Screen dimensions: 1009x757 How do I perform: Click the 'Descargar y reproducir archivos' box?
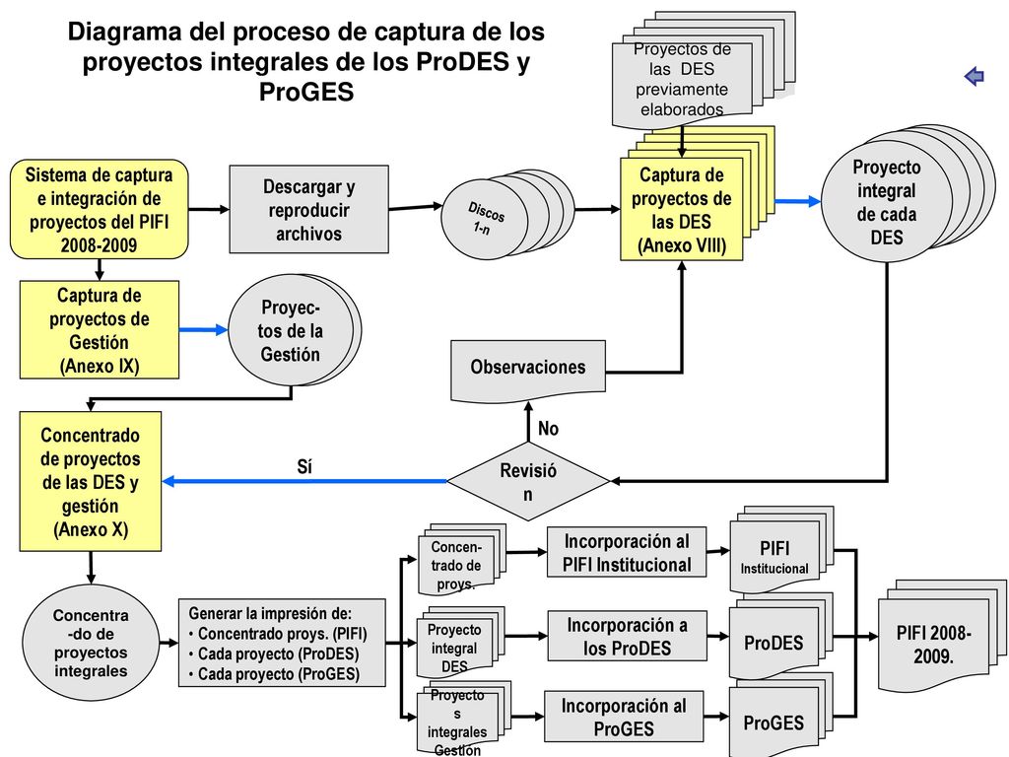308,209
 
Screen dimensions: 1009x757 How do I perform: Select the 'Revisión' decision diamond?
528,481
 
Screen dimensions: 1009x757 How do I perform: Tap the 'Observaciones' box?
528,370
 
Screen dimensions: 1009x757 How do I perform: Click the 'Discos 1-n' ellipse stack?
507,214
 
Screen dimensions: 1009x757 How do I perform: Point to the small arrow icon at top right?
975,76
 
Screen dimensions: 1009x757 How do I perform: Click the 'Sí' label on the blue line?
304,466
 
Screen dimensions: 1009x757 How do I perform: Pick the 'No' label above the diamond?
548,428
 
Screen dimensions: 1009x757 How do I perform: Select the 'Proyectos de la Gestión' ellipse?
294,330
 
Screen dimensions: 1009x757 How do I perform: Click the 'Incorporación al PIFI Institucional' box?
627,552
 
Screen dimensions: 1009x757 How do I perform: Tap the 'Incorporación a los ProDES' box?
628,636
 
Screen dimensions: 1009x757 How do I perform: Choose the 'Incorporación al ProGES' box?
624,718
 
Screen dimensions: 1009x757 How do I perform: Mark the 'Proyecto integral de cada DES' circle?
908,194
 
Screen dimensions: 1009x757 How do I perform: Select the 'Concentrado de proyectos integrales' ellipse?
91,643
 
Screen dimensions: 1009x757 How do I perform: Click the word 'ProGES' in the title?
306,92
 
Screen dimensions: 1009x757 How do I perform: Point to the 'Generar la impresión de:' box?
282,643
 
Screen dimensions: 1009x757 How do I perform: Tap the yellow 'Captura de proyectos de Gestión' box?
100,329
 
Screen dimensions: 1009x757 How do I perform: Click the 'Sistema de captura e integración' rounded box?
100,209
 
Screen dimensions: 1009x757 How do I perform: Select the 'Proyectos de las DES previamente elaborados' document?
703,70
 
